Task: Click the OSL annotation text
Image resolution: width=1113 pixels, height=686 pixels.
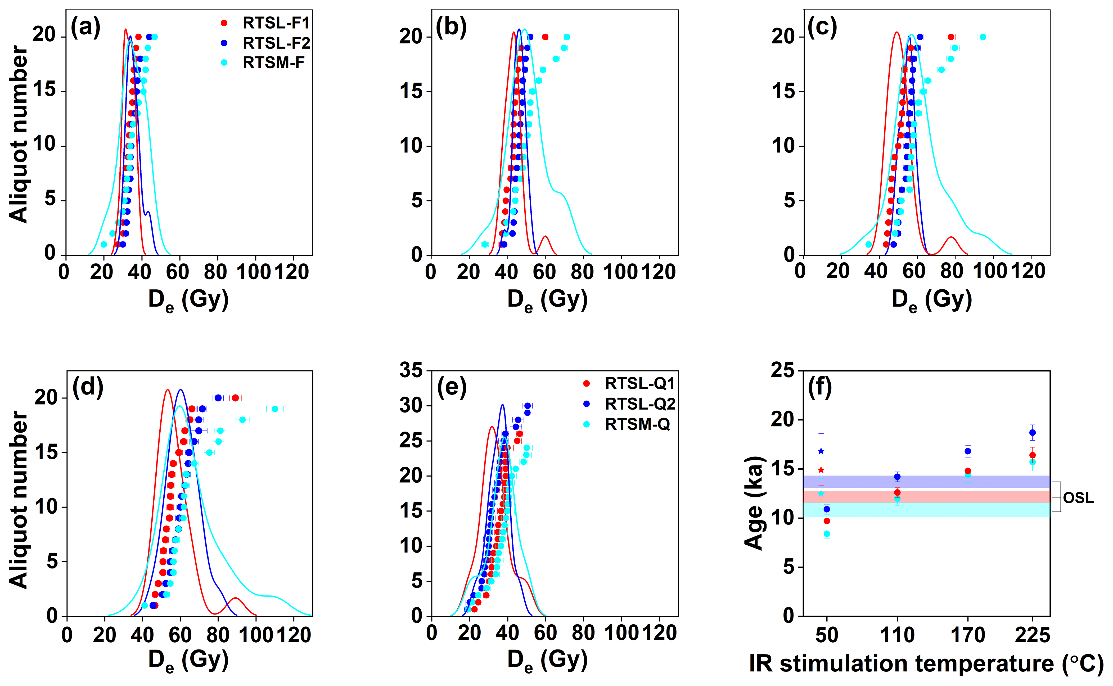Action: pos(1078,498)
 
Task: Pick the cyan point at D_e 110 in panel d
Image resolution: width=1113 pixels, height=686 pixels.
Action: pos(275,409)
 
